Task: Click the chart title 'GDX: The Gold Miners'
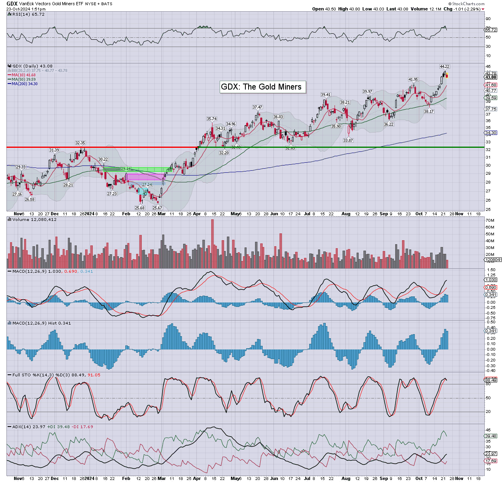pyautogui.click(x=261, y=87)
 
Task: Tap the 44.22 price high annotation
pyautogui.click(x=444, y=66)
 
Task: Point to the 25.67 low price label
pyautogui.click(x=157, y=208)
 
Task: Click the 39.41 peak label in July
pyautogui.click(x=325, y=95)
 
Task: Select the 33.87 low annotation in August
pyautogui.click(x=348, y=140)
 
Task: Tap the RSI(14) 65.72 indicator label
pyautogui.click(x=28, y=14)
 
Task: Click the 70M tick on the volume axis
pyautogui.click(x=490, y=221)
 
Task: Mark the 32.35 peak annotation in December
pyautogui.click(x=80, y=143)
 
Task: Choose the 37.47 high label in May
pyautogui.click(x=257, y=107)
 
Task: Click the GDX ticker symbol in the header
pyautogui.click(x=12, y=4)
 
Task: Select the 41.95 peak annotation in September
pyautogui.click(x=413, y=80)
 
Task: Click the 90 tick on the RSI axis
pyautogui.click(x=488, y=19)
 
